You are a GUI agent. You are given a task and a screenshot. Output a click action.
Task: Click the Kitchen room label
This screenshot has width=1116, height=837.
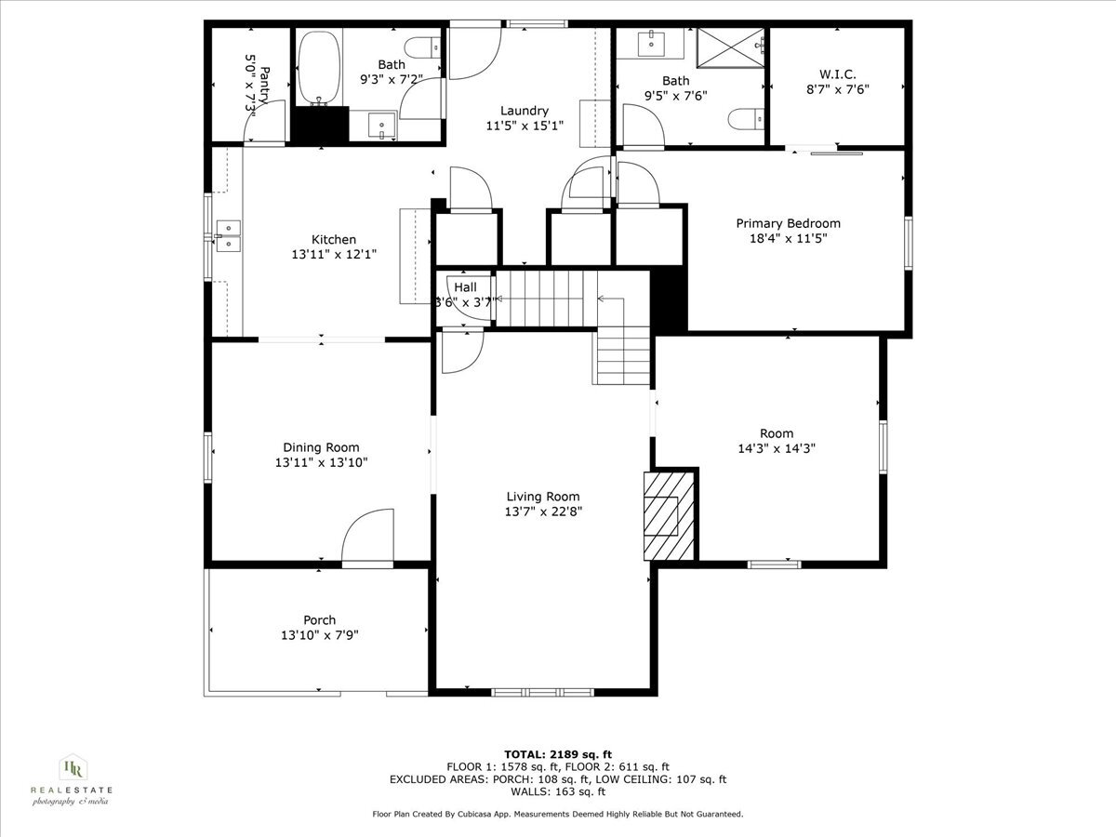click(333, 240)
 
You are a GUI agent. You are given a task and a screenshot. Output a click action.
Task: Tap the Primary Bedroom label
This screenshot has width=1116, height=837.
click(788, 223)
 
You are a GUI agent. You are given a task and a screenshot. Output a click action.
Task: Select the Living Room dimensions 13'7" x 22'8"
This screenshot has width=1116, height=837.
click(543, 511)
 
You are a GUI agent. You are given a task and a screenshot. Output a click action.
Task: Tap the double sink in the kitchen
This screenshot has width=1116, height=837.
click(227, 236)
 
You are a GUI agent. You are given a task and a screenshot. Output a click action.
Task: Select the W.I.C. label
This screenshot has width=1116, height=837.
click(838, 73)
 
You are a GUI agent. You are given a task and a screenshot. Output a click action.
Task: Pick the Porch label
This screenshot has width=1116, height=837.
click(319, 620)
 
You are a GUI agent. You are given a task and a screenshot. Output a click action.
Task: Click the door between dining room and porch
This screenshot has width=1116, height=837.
click(367, 539)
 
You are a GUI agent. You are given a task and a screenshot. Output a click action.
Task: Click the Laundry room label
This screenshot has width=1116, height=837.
click(525, 110)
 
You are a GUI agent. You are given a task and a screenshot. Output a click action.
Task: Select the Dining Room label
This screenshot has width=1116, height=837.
click(321, 447)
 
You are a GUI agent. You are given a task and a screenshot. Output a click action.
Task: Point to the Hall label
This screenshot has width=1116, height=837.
click(465, 287)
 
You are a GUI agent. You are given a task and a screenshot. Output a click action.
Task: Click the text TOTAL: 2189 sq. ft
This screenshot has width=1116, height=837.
click(557, 754)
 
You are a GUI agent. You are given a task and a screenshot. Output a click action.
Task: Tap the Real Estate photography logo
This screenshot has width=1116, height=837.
click(72, 779)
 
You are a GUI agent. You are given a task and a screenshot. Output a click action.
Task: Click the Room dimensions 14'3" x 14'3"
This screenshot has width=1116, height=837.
click(777, 448)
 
